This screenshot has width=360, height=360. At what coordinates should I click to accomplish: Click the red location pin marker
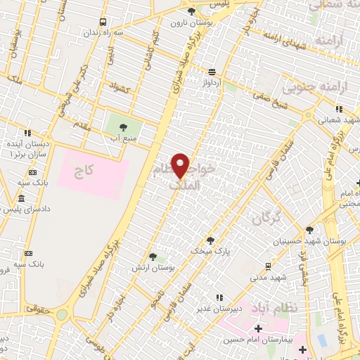(181, 165)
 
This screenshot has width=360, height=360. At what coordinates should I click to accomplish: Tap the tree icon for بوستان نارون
(192, 11)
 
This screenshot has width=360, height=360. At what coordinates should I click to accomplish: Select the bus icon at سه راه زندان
(103, 22)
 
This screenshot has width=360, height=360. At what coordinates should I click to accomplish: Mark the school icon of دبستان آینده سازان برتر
(27, 131)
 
